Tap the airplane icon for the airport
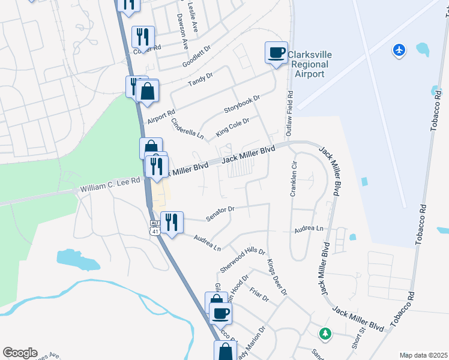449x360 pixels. tap(399, 50)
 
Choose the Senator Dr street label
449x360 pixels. tap(219, 214)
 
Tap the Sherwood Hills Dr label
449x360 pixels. tap(243, 259)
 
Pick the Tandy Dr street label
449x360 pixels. tap(200, 80)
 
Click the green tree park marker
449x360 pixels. tap(325, 333)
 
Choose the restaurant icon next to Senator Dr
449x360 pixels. tap(172, 222)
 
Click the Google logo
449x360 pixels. tap(20, 353)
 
